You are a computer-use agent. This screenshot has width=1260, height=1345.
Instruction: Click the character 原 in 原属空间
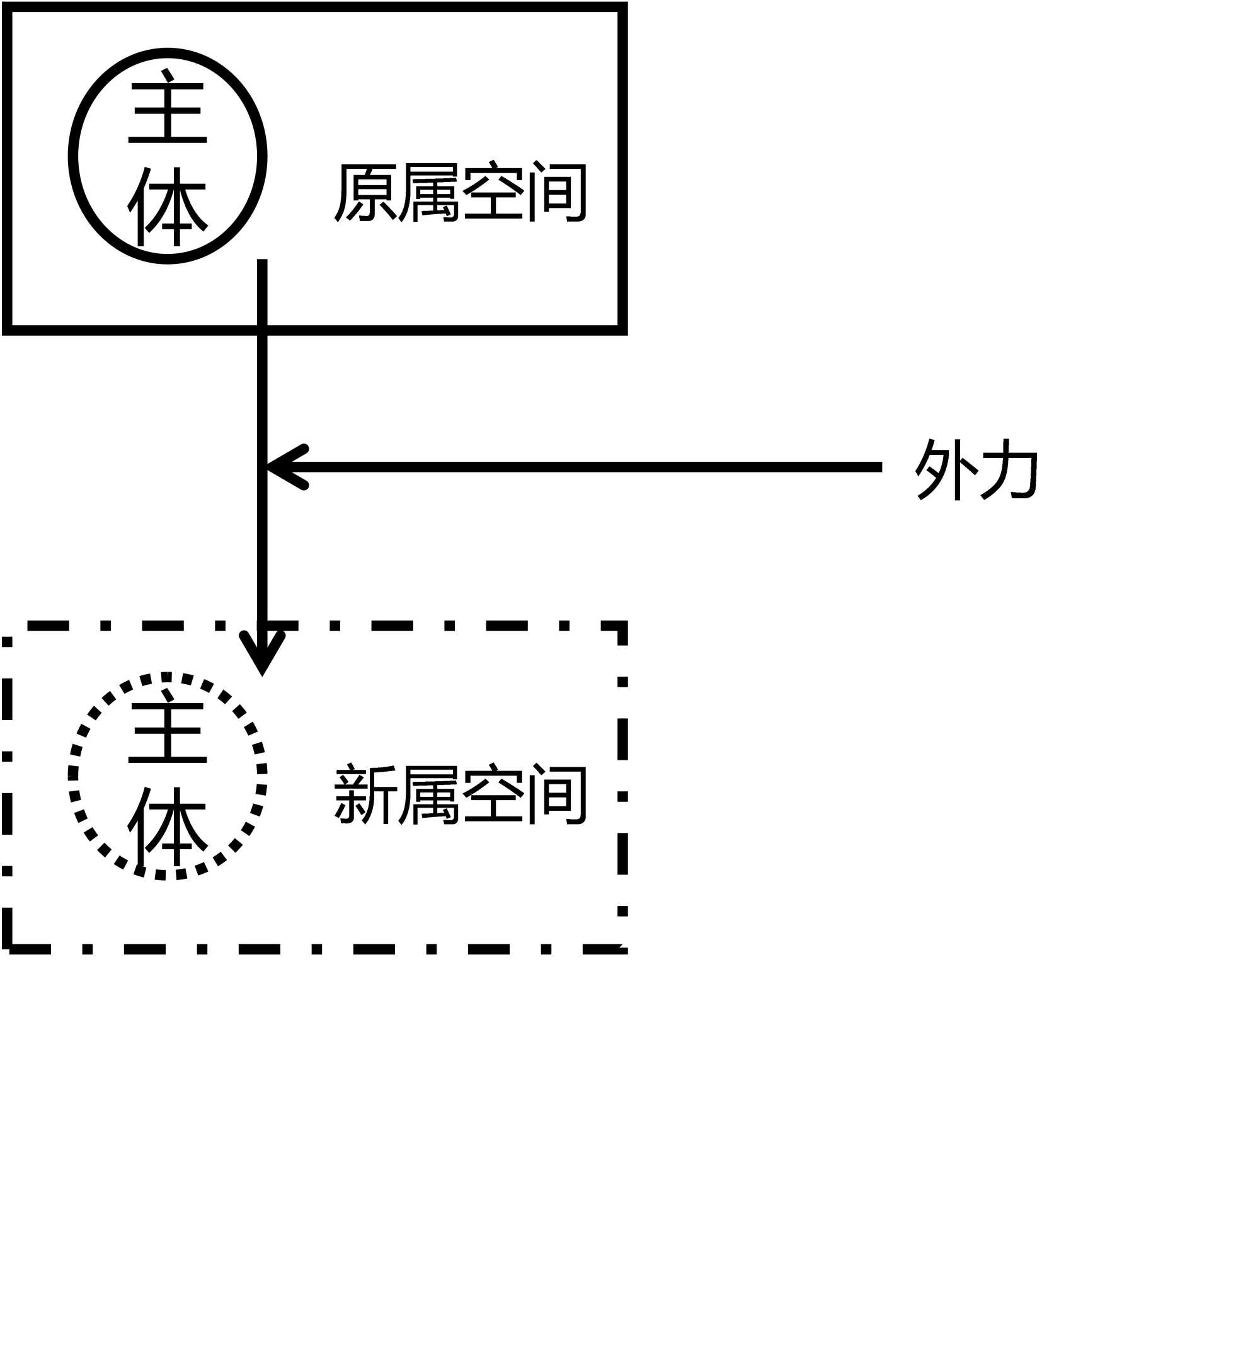point(366,192)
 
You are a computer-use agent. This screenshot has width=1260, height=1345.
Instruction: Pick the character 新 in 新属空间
point(366,794)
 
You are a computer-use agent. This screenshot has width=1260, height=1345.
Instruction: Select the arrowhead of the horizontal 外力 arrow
point(284,467)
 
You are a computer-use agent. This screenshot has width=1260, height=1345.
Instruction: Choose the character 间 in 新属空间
point(558,794)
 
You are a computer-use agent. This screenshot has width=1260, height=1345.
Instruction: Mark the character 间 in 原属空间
point(558,192)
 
